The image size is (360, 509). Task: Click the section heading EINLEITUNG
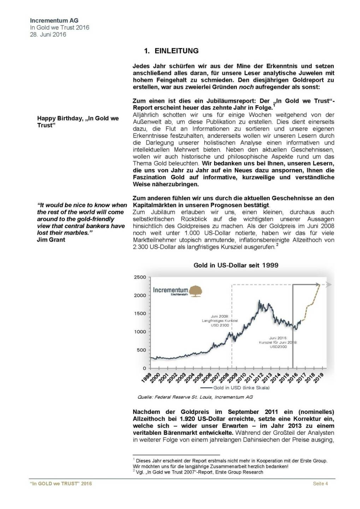(x=176, y=51)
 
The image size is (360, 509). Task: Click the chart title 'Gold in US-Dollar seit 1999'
(x=236, y=265)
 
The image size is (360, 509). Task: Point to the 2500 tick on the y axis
(x=140, y=277)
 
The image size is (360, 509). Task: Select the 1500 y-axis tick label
(x=140, y=314)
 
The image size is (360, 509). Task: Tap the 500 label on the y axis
(x=141, y=350)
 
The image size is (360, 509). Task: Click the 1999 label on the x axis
(x=146, y=378)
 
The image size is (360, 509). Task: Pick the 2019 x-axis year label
(x=318, y=378)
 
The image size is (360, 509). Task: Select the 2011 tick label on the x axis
(x=249, y=378)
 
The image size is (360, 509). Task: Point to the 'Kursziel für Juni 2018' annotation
(x=278, y=342)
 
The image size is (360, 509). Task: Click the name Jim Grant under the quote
(x=51, y=240)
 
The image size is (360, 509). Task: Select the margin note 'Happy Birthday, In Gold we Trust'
(x=78, y=122)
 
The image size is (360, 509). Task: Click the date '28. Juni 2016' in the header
(x=48, y=34)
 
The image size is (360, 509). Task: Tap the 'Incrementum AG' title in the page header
(x=54, y=21)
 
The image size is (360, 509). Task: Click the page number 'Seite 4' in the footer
(x=320, y=484)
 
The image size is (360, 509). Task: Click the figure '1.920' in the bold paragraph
(x=189, y=419)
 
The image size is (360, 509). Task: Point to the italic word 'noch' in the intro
(x=246, y=87)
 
